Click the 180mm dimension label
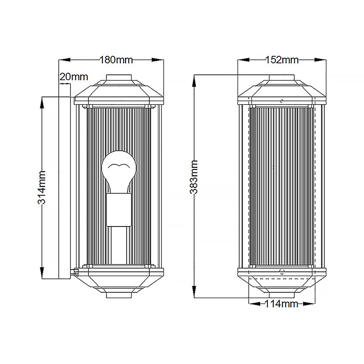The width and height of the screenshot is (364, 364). (116, 60)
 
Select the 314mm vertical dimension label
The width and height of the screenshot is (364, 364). (42, 187)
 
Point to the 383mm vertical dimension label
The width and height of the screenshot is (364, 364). (194, 177)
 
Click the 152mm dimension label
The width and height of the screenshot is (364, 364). (282, 60)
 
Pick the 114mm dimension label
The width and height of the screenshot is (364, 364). (281, 304)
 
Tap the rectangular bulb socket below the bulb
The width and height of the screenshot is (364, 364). (118, 210)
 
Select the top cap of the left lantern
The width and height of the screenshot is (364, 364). (119, 78)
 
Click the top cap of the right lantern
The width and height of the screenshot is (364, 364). (281, 78)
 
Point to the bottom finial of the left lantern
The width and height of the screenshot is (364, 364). (119, 295)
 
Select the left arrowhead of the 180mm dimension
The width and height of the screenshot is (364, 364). (65, 60)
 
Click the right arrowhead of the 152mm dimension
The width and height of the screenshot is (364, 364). (320, 60)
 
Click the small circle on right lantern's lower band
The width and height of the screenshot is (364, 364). (282, 272)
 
